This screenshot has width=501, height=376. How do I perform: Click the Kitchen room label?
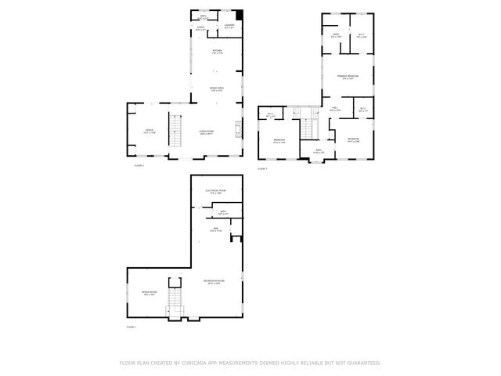(217, 52)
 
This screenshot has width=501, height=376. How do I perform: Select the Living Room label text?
(207, 132)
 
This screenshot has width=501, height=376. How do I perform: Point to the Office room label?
(149, 131)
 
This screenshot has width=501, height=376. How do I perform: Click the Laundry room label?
(230, 27)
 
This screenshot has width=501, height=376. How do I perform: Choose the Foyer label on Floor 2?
(200, 28)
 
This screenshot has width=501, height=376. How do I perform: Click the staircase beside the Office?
(177, 129)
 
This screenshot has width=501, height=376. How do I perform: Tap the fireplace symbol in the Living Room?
(240, 126)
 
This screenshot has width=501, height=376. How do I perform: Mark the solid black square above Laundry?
(240, 15)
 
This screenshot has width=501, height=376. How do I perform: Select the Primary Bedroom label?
(348, 77)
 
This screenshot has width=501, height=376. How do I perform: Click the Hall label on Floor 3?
(334, 110)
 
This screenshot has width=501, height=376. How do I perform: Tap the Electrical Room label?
(215, 192)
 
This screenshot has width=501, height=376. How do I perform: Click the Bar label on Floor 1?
(215, 230)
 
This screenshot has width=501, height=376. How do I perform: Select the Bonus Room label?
(149, 294)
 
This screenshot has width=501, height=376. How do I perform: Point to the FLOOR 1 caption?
(131, 326)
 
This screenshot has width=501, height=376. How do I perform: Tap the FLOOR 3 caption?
(262, 168)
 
